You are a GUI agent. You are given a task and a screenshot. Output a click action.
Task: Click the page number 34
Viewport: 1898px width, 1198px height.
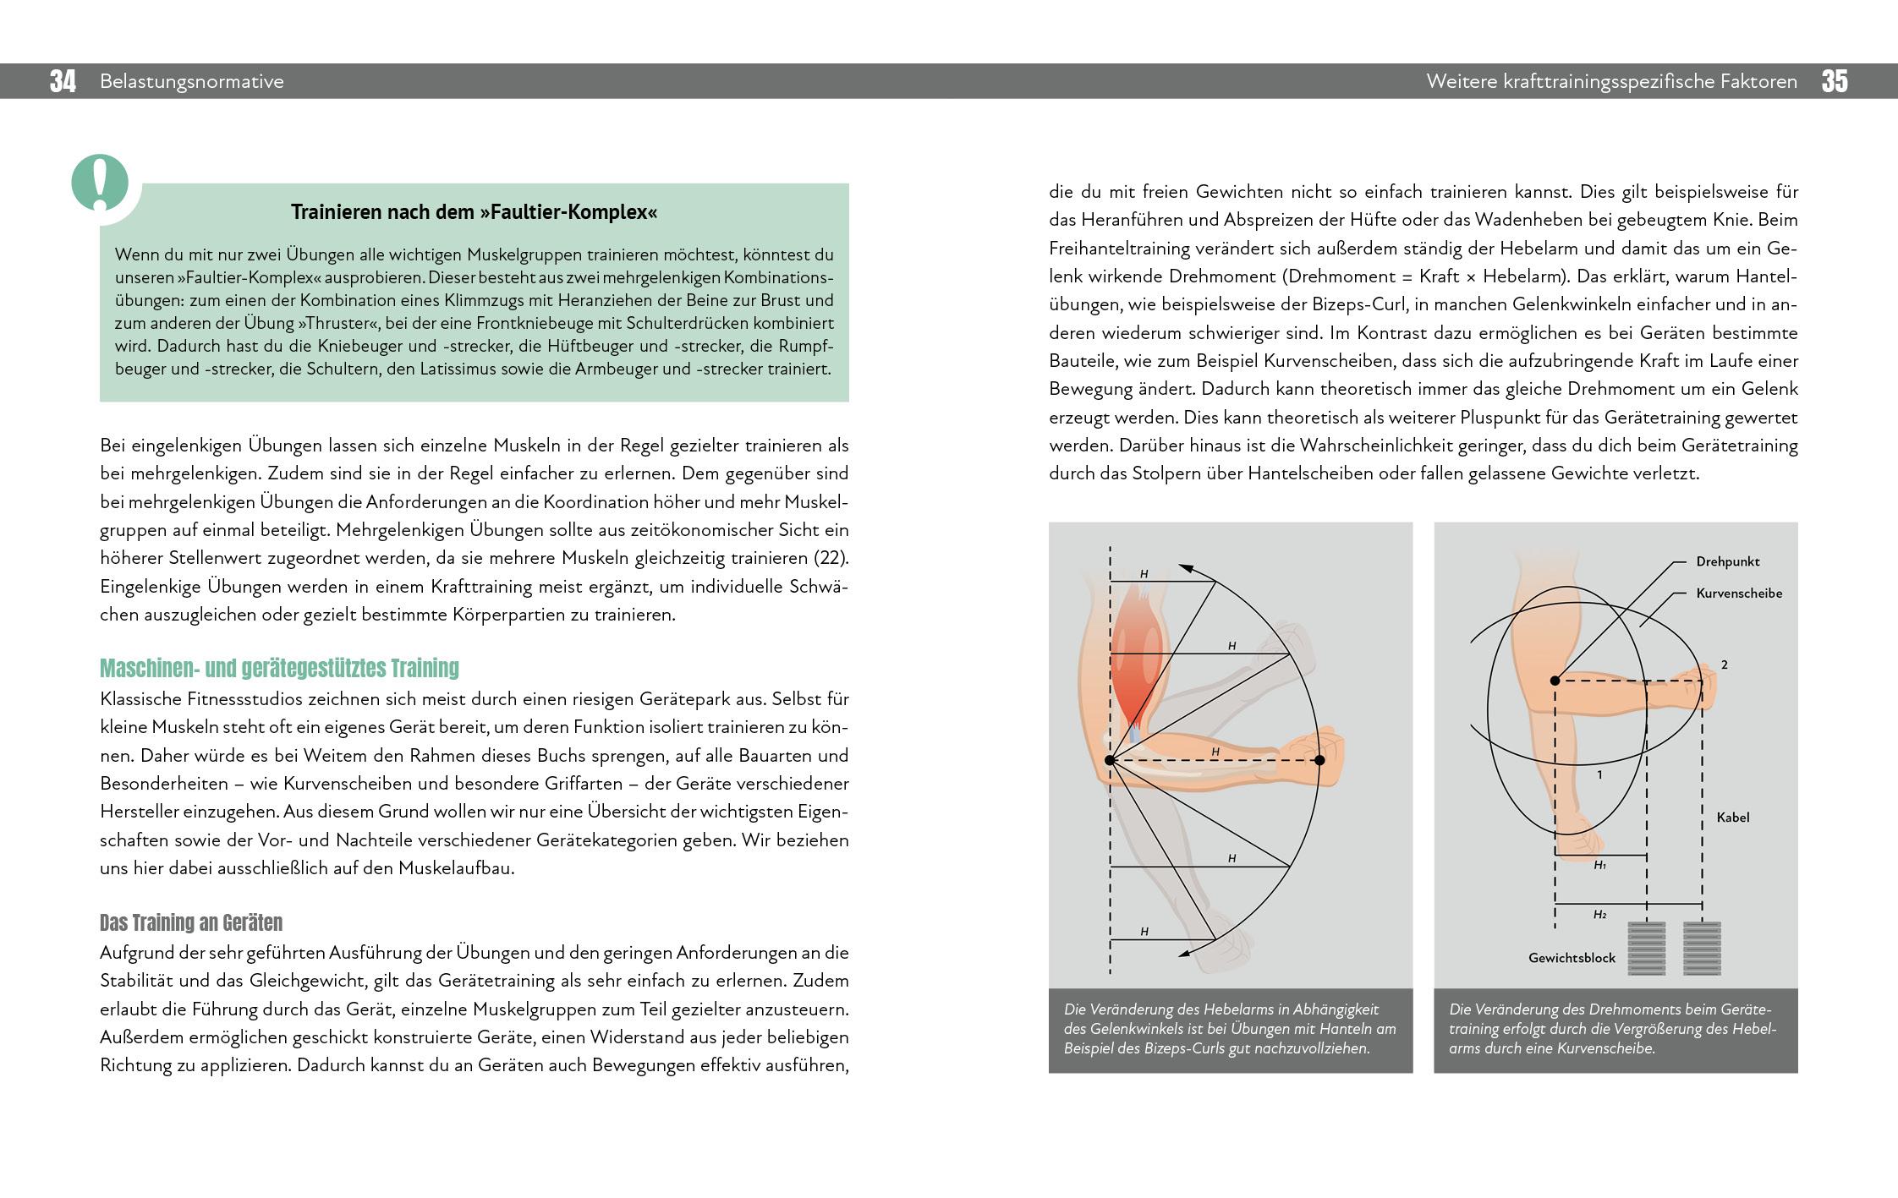tap(63, 82)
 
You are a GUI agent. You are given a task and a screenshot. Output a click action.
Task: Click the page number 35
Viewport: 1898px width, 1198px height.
tap(1835, 82)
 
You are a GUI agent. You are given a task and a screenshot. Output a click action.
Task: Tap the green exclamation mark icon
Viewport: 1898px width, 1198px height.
tap(101, 183)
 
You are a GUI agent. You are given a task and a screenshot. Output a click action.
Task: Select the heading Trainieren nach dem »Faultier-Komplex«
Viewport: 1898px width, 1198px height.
tap(474, 212)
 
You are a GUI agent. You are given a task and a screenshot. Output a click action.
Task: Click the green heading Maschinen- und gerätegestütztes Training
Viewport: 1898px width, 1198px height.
tap(279, 669)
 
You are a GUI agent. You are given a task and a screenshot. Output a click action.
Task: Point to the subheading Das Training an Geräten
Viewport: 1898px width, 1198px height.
tap(191, 922)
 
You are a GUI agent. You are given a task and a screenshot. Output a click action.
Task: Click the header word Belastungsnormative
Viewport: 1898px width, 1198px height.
tap(192, 82)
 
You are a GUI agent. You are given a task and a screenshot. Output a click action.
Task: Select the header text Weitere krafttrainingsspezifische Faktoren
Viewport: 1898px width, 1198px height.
tap(1611, 82)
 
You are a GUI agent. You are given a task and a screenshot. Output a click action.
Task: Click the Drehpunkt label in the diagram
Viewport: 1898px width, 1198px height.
tap(1728, 561)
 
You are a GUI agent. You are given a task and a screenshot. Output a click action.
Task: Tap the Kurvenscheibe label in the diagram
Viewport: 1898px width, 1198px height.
tap(1739, 594)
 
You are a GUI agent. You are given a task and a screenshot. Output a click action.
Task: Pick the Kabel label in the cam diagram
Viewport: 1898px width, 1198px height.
tap(1733, 818)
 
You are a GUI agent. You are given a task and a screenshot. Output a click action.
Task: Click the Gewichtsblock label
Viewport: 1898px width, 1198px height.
tap(1572, 958)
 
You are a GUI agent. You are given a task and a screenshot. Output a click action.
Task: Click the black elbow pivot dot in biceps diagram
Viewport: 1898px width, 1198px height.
tap(1111, 761)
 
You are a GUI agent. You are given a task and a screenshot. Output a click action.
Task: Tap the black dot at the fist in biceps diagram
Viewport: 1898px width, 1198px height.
tap(1319, 761)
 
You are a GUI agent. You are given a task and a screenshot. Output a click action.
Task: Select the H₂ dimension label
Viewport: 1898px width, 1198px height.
tap(1599, 915)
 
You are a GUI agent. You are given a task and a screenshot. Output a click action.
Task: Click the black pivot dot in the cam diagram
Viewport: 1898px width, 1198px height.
tap(1555, 681)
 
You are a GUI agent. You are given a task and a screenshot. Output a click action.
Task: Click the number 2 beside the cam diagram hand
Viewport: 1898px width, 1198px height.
tap(1725, 665)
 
